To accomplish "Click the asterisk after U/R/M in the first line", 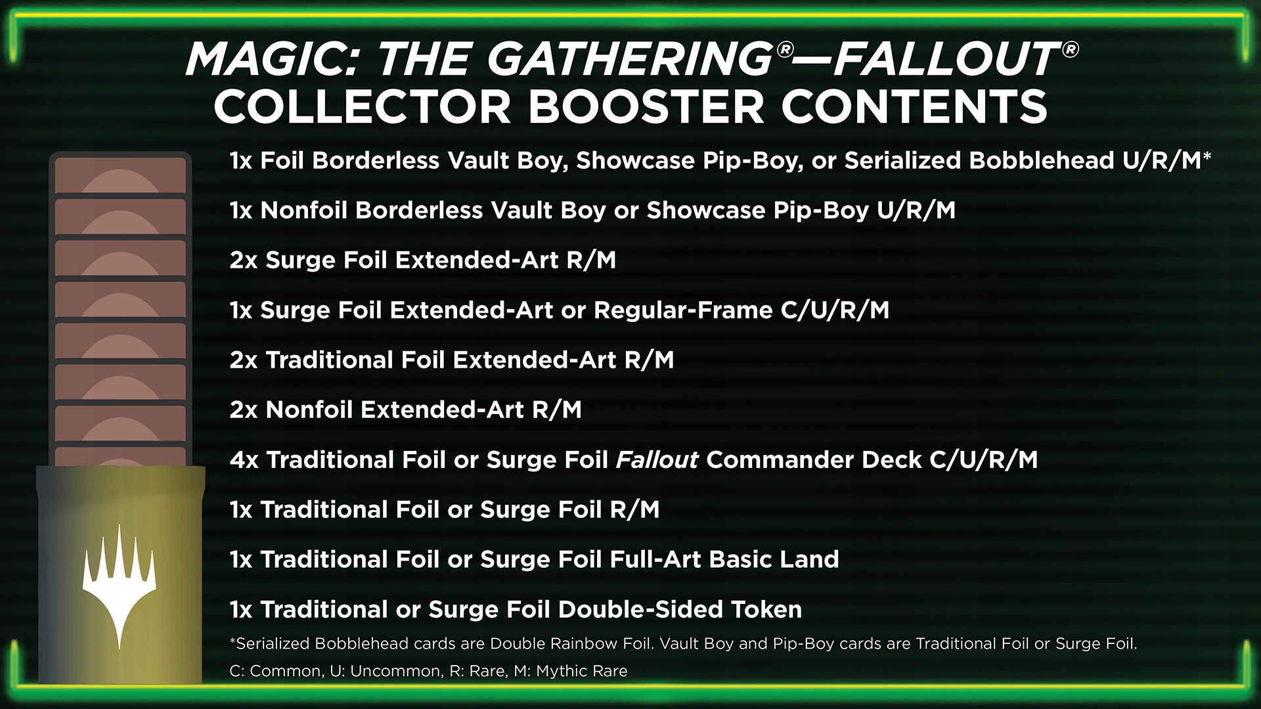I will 1207,158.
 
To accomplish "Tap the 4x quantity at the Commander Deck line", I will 244,460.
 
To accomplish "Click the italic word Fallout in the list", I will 657,460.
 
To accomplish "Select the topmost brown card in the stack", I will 120,175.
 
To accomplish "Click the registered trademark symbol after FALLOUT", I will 1070,50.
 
